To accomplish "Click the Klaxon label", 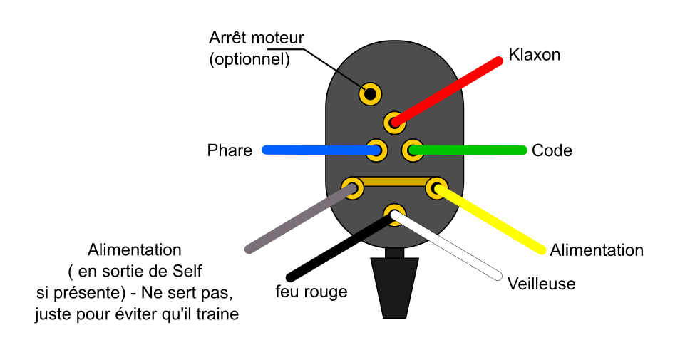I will tap(534, 55).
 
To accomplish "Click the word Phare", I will tap(230, 150).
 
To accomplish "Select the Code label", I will tap(552, 150).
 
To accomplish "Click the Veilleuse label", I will tap(541, 284).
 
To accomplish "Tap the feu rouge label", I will tap(311, 292).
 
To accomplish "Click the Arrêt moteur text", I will tap(257, 38).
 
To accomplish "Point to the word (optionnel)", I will tap(249, 60).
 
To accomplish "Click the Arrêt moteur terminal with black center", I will tap(370, 93).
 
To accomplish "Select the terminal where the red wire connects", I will tap(394, 123).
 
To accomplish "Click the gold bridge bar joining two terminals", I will tap(394, 183).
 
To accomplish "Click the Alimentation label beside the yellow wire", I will tap(597, 250).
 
